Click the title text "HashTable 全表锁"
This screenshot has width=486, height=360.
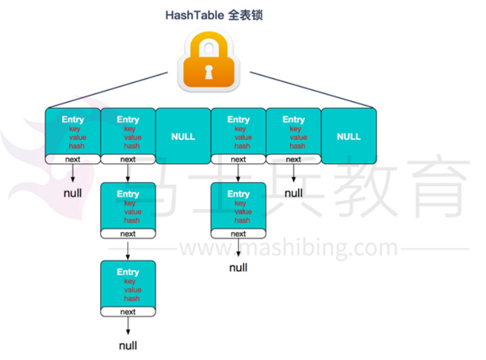click(x=214, y=15)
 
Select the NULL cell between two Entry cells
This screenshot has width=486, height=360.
click(x=183, y=136)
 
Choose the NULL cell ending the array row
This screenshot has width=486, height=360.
click(x=349, y=136)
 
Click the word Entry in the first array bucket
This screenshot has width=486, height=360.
click(x=73, y=120)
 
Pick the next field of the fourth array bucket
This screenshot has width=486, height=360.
click(x=239, y=159)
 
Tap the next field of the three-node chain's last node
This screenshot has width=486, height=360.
click(x=128, y=312)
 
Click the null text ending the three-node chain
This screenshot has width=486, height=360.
click(x=128, y=345)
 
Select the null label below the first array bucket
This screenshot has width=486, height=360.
click(x=73, y=192)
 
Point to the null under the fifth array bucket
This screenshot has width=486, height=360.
click(x=294, y=192)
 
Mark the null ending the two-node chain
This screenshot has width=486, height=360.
click(x=239, y=268)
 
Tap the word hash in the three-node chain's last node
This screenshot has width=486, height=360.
click(x=132, y=298)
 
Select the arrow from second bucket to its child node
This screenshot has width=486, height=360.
click(x=128, y=173)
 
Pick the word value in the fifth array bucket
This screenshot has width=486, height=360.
click(x=298, y=137)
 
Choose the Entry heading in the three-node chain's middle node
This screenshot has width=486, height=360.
click(x=128, y=194)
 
